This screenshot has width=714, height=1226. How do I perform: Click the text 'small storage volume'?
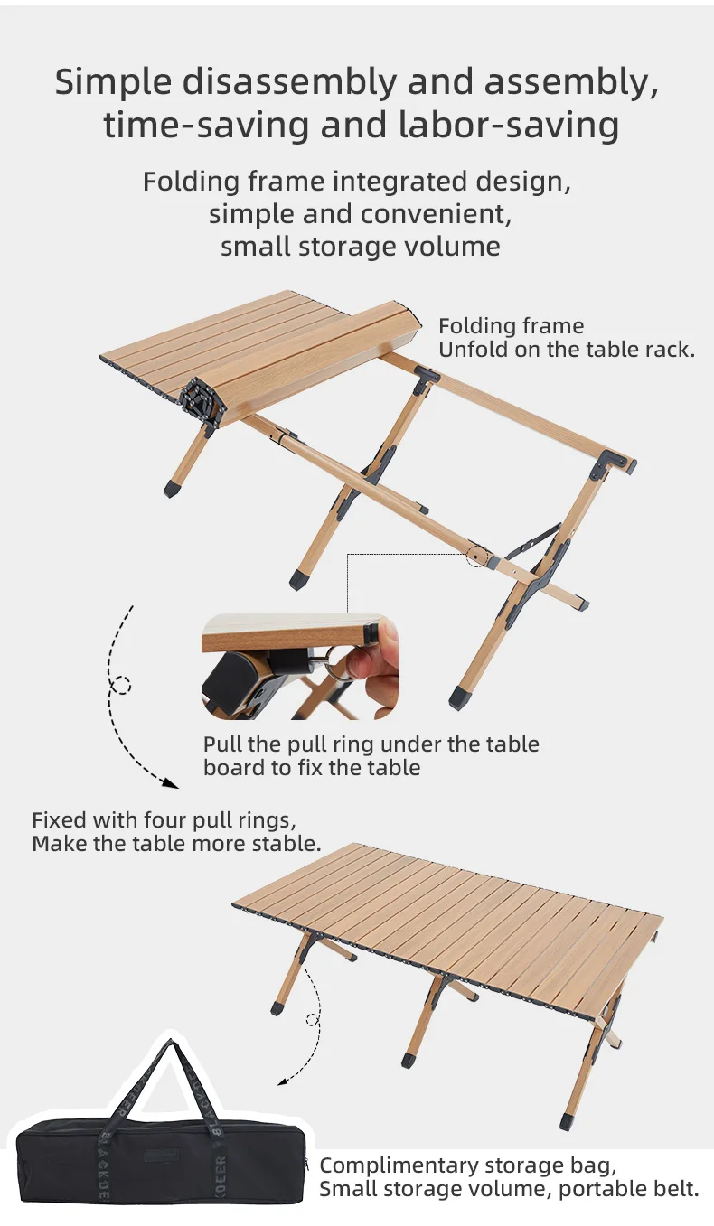coord(360,247)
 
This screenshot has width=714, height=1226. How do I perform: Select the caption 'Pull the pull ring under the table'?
coord(371,744)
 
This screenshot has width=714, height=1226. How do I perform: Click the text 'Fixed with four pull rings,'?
coord(164,820)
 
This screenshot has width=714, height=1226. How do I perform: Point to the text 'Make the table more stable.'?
coord(176,845)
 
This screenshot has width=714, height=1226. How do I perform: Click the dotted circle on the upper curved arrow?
coord(120,686)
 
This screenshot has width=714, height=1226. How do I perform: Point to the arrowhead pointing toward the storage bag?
coord(282,1081)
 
